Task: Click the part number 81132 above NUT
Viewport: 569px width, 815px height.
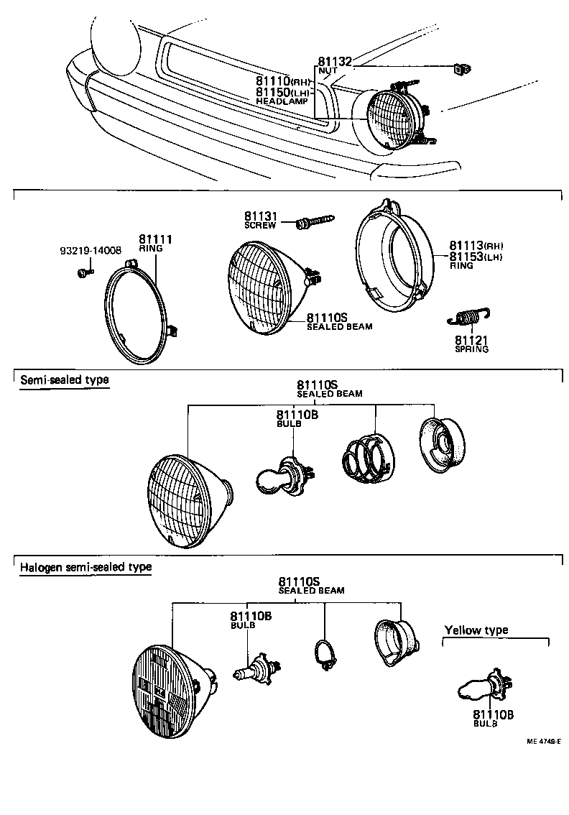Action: pos(334,63)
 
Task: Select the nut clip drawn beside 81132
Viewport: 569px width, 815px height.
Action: pos(460,70)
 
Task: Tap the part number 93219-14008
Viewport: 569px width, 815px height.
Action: pos(90,251)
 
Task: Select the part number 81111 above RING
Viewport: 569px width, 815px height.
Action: pos(154,239)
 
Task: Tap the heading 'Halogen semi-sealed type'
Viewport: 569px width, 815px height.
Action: pos(85,566)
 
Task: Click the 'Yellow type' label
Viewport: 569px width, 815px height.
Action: pos(476,630)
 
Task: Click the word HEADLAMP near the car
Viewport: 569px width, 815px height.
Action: pos(282,103)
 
